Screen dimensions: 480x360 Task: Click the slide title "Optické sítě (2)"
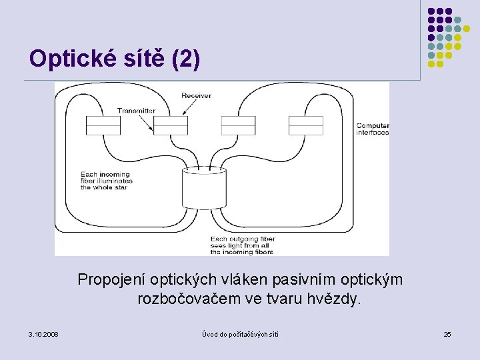(x=114, y=59)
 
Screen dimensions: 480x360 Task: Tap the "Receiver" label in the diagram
(x=196, y=96)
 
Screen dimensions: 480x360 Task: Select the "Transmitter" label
(x=136, y=111)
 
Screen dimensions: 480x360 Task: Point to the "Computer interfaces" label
(x=373, y=129)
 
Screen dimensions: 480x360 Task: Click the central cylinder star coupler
(x=204, y=191)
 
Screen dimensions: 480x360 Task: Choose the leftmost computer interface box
(x=103, y=125)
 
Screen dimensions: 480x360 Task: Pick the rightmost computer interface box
(x=306, y=125)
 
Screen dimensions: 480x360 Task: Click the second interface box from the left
(x=171, y=125)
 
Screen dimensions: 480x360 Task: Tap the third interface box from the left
(x=238, y=125)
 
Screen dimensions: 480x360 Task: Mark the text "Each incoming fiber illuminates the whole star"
(x=107, y=181)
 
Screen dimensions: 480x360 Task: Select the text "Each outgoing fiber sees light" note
(x=243, y=245)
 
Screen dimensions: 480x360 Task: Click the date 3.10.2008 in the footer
(x=43, y=333)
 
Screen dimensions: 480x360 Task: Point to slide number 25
(x=447, y=333)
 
